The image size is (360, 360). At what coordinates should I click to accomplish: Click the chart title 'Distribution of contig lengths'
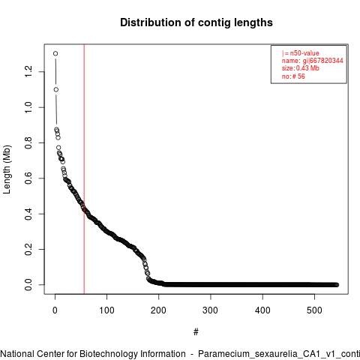click(196, 22)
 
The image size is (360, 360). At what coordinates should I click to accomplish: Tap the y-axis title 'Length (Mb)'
click(7, 169)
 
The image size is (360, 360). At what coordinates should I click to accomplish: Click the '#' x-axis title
click(196, 332)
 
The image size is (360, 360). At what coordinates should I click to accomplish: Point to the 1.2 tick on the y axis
click(28, 72)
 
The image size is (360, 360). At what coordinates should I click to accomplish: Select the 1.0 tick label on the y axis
click(28, 107)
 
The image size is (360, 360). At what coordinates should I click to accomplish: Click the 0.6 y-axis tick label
click(28, 178)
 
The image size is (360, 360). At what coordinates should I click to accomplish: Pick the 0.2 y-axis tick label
click(28, 249)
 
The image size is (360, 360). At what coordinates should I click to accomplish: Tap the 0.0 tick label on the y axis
click(28, 285)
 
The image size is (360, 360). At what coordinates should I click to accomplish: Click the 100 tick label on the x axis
click(106, 310)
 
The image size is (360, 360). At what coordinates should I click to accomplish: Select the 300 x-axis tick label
click(211, 310)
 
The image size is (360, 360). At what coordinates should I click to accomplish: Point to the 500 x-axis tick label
click(314, 310)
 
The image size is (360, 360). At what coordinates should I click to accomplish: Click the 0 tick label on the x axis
click(55, 310)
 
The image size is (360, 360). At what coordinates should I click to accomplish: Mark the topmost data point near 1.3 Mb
click(55, 53)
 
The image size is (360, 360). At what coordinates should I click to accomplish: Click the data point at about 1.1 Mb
click(56, 89)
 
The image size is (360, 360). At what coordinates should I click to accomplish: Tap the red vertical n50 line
click(84, 169)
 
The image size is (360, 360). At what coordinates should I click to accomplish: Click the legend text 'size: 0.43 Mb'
click(301, 68)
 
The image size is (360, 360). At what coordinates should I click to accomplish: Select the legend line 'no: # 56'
click(293, 76)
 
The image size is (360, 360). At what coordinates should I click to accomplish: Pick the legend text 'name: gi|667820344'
click(313, 61)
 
